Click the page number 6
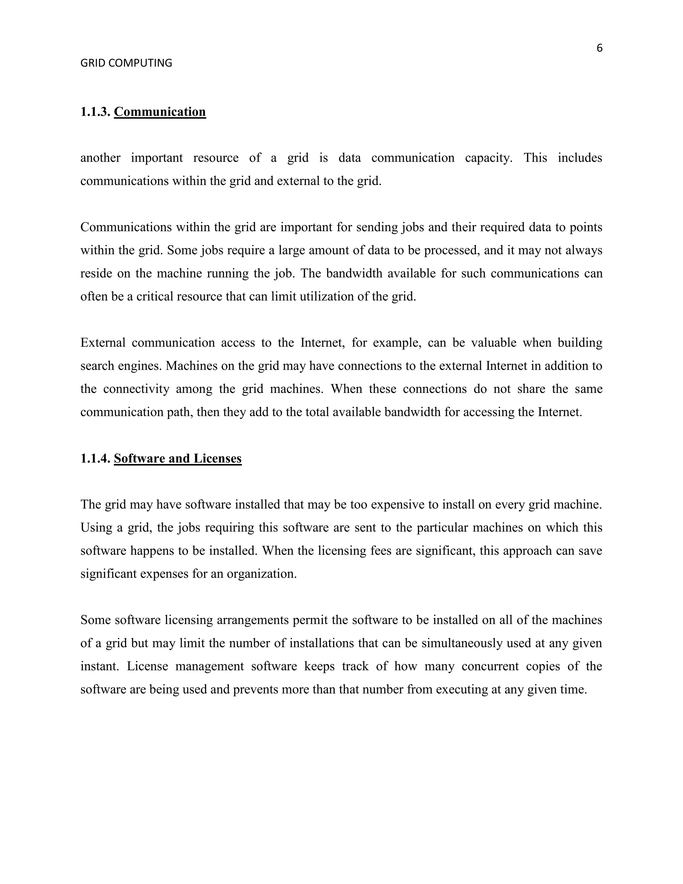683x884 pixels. point(599,48)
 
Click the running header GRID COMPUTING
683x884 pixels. point(126,63)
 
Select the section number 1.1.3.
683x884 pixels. point(95,112)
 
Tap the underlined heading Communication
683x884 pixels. point(160,112)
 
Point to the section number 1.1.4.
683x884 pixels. point(95,459)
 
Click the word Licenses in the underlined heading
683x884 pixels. point(217,459)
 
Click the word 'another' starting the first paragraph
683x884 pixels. point(100,158)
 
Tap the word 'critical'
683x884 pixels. point(154,297)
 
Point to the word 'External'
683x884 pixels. point(103,343)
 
